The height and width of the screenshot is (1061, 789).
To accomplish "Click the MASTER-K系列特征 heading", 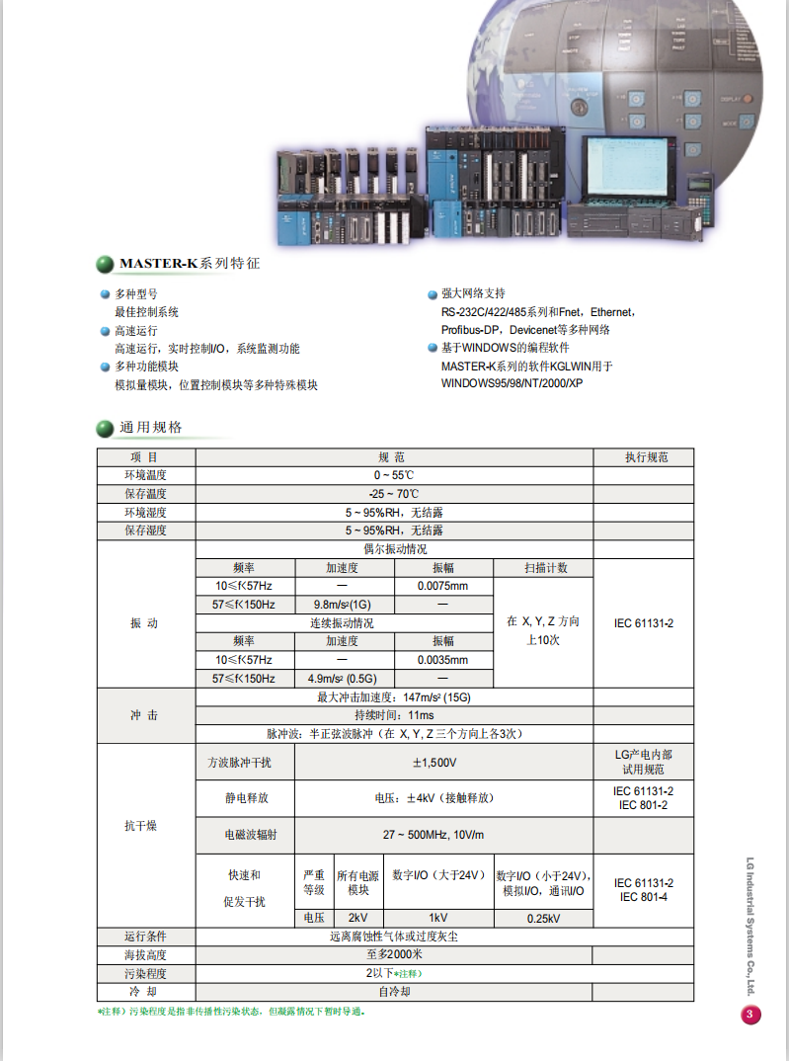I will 189,264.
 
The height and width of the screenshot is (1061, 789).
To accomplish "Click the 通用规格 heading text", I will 150,428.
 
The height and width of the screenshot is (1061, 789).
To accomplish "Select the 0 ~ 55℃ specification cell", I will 394,476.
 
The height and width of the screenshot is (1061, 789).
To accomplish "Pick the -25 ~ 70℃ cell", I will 394,494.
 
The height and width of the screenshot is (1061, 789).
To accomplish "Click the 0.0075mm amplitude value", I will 442,586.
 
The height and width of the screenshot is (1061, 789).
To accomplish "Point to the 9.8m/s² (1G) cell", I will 343,605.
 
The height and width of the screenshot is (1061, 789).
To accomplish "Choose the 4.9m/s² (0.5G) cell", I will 343,679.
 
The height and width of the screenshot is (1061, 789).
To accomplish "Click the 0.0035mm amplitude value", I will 442,660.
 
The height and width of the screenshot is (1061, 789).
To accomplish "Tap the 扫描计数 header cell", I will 544,568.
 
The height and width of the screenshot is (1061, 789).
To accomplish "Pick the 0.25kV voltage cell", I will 543,919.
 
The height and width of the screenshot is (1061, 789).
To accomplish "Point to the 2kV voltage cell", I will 357,919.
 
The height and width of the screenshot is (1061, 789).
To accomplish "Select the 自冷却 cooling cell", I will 394,991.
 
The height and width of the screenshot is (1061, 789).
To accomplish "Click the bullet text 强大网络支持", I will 473,293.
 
